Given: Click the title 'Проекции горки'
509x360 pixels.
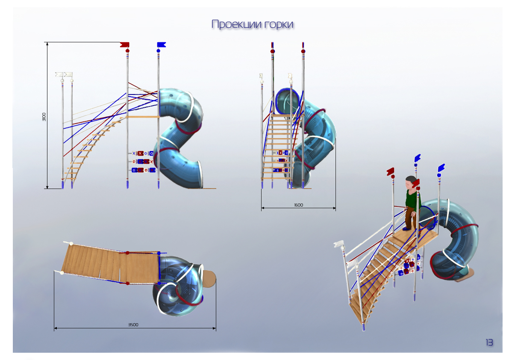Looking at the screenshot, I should [252, 24].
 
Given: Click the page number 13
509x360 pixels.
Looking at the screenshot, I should [489, 342].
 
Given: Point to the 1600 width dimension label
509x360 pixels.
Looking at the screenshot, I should [298, 205].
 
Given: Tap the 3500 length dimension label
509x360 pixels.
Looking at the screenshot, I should [133, 325].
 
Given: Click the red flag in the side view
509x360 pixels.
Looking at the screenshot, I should [125, 44].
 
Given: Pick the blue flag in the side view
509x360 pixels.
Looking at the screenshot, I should [161, 44].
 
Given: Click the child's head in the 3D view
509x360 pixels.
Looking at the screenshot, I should [411, 182].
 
